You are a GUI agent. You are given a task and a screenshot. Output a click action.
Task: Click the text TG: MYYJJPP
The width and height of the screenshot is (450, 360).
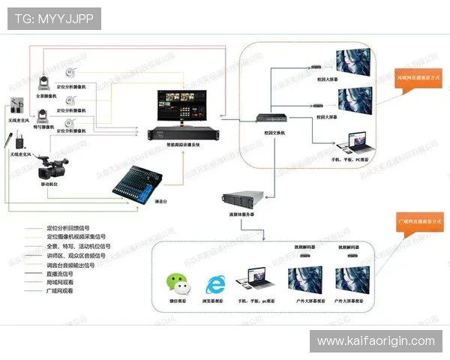pyautogui.click(x=54, y=18)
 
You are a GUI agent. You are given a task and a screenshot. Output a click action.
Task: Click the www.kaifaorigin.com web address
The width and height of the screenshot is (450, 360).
pyautogui.click(x=376, y=341)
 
